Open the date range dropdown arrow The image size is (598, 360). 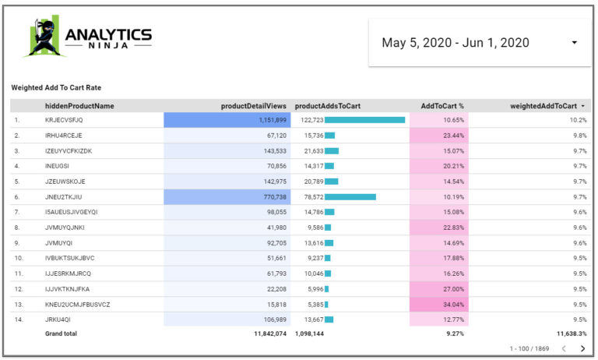click(574, 43)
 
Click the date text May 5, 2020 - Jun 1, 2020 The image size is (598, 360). click(455, 43)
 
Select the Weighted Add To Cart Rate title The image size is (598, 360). click(56, 88)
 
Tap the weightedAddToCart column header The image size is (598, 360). click(543, 106)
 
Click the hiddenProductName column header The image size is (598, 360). click(79, 106)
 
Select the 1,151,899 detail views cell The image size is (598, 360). click(227, 120)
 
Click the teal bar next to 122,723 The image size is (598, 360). click(364, 120)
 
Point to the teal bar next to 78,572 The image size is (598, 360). click(350, 197)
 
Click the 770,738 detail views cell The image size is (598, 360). click(227, 197)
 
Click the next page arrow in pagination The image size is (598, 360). click(582, 348)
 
